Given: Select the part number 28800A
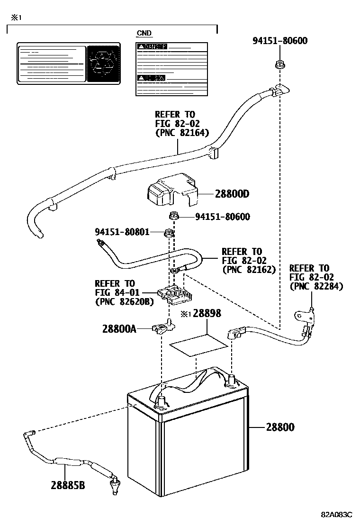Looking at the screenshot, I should tap(119, 328).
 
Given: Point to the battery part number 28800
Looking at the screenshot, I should tap(280, 427).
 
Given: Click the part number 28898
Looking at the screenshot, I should tap(207, 314).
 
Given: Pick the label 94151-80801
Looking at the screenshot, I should tap(122, 232).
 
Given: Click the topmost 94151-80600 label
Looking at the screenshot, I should tap(279, 41).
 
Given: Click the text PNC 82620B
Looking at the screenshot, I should tap(124, 301).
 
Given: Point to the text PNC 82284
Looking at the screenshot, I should tap(316, 286).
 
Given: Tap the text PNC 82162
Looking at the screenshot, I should tap(249, 269).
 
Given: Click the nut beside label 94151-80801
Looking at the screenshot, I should tap(168, 233).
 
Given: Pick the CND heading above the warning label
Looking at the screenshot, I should tap(144, 33).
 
